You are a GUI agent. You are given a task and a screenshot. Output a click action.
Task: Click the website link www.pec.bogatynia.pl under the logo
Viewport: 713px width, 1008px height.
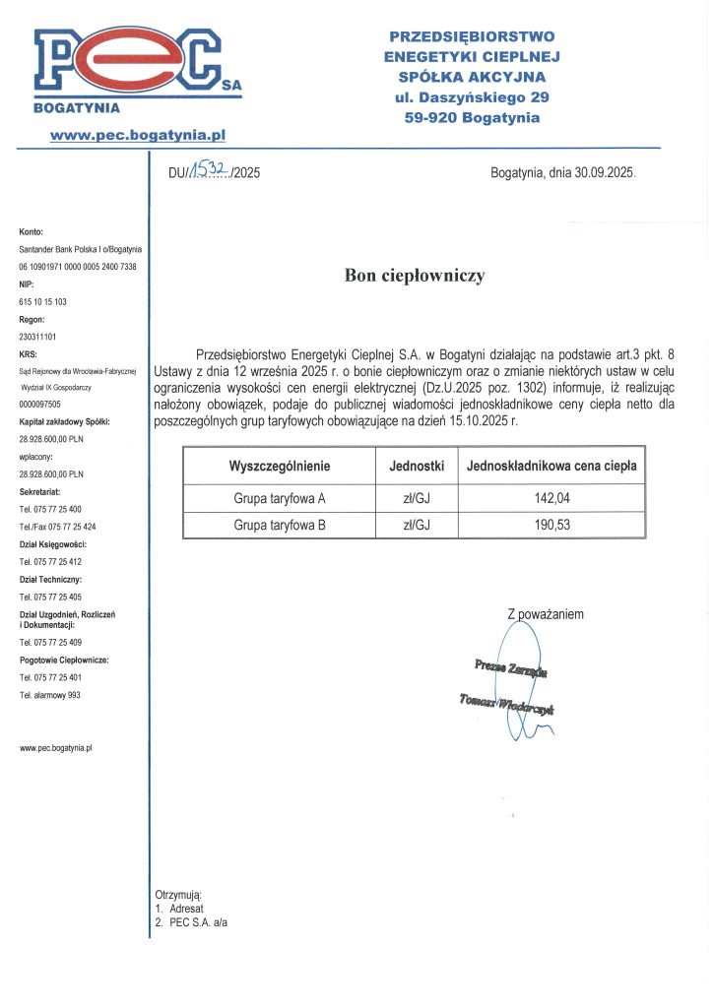pos(138,133)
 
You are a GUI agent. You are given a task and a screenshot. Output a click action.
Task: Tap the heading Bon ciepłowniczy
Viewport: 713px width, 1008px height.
pos(415,276)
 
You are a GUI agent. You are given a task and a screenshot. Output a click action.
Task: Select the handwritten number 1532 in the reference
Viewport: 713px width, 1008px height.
pos(210,170)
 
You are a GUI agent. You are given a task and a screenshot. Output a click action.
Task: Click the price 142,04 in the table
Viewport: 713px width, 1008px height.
pos(552,498)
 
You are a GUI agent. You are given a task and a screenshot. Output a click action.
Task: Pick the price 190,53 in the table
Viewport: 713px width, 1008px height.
pos(552,525)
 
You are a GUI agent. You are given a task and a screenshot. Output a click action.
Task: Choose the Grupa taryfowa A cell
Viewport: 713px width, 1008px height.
pos(280,498)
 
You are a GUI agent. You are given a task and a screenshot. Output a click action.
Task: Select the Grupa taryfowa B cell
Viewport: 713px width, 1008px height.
pos(280,525)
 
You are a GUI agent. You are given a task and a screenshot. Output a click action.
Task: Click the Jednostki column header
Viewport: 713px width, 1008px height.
pos(418,465)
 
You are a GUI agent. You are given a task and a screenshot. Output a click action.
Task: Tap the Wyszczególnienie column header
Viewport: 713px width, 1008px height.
pos(280,465)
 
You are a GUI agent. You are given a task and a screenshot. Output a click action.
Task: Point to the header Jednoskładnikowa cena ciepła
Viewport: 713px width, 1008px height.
pos(552,465)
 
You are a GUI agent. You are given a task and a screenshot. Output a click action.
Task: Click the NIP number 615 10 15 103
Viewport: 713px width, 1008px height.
pos(43,301)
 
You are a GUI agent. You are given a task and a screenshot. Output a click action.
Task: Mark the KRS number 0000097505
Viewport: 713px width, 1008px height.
pos(40,405)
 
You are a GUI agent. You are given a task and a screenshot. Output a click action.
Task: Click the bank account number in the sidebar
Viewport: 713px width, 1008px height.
pos(78,267)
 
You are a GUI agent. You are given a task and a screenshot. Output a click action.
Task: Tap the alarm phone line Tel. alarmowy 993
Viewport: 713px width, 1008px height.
pos(50,695)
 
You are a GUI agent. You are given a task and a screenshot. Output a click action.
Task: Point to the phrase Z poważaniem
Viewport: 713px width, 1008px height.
pos(546,614)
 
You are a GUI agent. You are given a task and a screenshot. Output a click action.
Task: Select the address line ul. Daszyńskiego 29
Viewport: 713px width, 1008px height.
pos(472,97)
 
